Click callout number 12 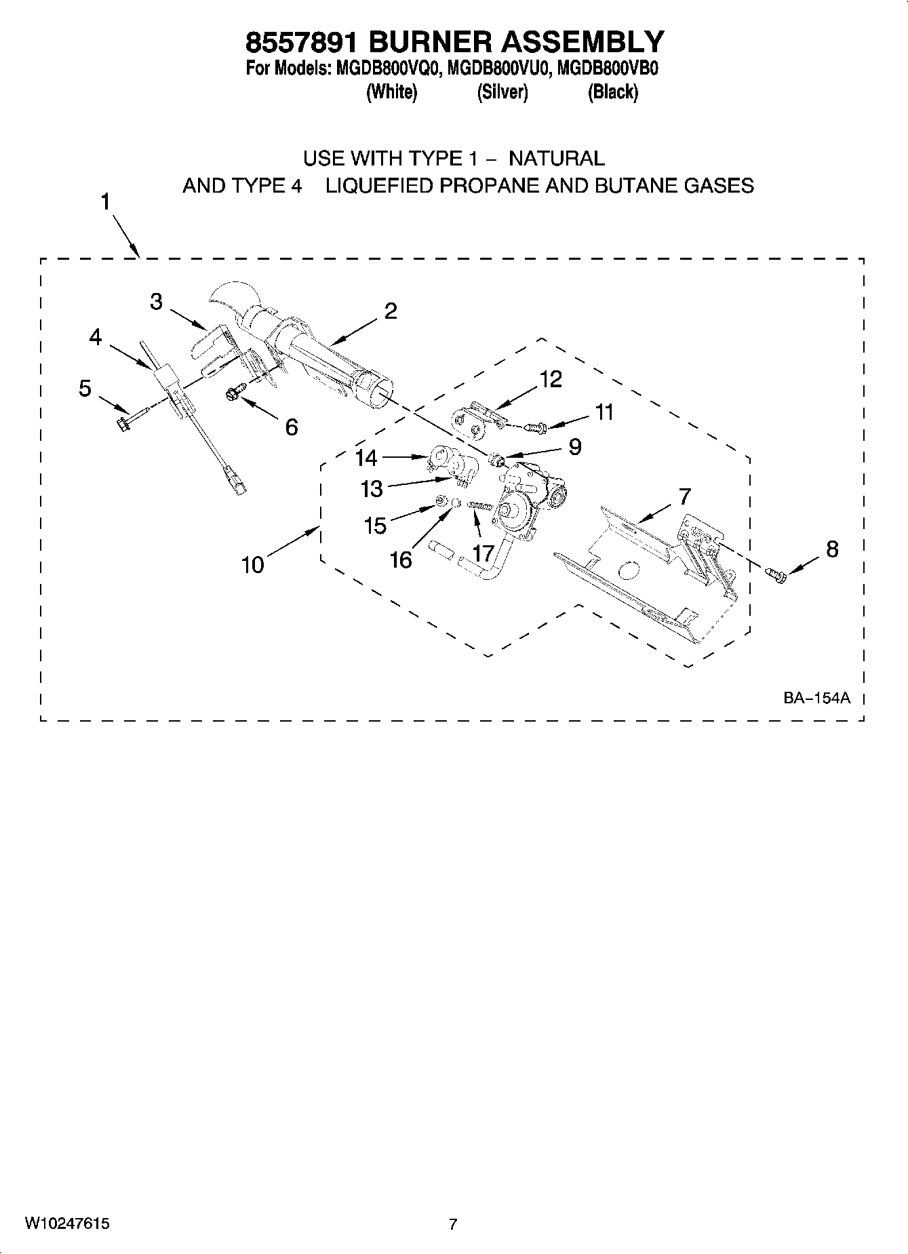pyautogui.click(x=550, y=379)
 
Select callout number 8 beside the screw pyautogui.click(x=831, y=549)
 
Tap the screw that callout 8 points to pyautogui.click(x=777, y=574)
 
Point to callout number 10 pyautogui.click(x=253, y=564)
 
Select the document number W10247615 pyautogui.click(x=67, y=1223)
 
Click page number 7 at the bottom pyautogui.click(x=453, y=1223)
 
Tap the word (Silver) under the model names pyautogui.click(x=502, y=92)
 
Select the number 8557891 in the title pyautogui.click(x=302, y=42)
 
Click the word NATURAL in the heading pyautogui.click(x=556, y=159)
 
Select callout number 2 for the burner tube pyautogui.click(x=390, y=311)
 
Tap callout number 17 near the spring pyautogui.click(x=483, y=553)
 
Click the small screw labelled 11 pyautogui.click(x=537, y=427)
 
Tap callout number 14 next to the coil pyautogui.click(x=366, y=458)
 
